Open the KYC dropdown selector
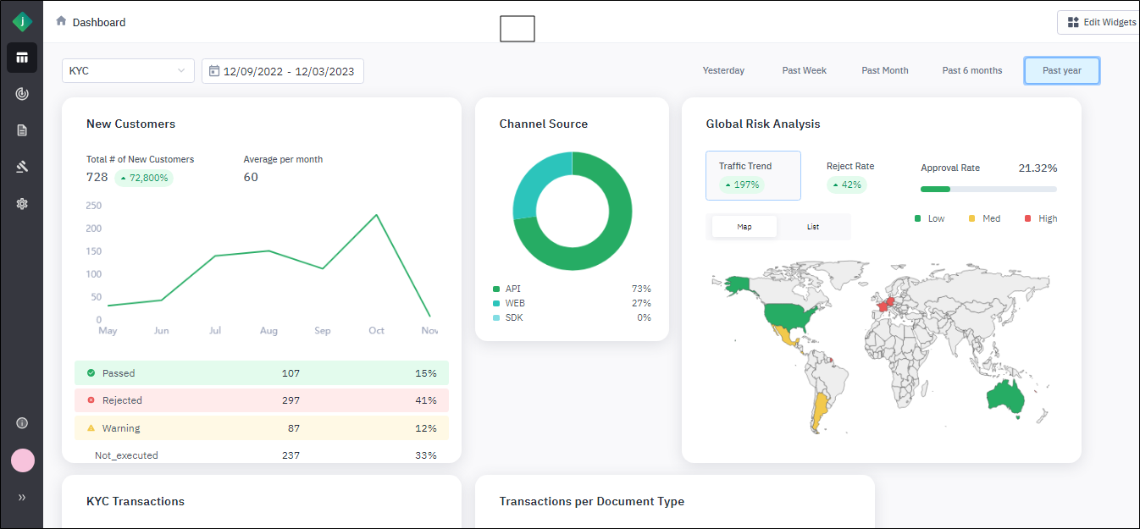click(x=128, y=71)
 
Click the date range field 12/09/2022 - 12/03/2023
click(x=283, y=71)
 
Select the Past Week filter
click(x=804, y=70)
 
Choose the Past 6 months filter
click(x=971, y=70)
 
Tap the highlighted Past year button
click(x=1061, y=70)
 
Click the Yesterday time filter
click(x=723, y=70)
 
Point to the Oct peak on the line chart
click(x=376, y=215)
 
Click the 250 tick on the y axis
click(x=93, y=206)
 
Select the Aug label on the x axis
click(x=268, y=330)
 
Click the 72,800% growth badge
click(x=144, y=178)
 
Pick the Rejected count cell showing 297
click(x=291, y=400)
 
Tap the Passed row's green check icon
click(x=91, y=373)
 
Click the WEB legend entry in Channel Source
click(x=515, y=303)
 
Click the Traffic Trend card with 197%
click(x=752, y=175)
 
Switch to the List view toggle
click(x=812, y=227)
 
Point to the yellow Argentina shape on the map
click(x=819, y=410)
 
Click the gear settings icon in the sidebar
click(x=22, y=204)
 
